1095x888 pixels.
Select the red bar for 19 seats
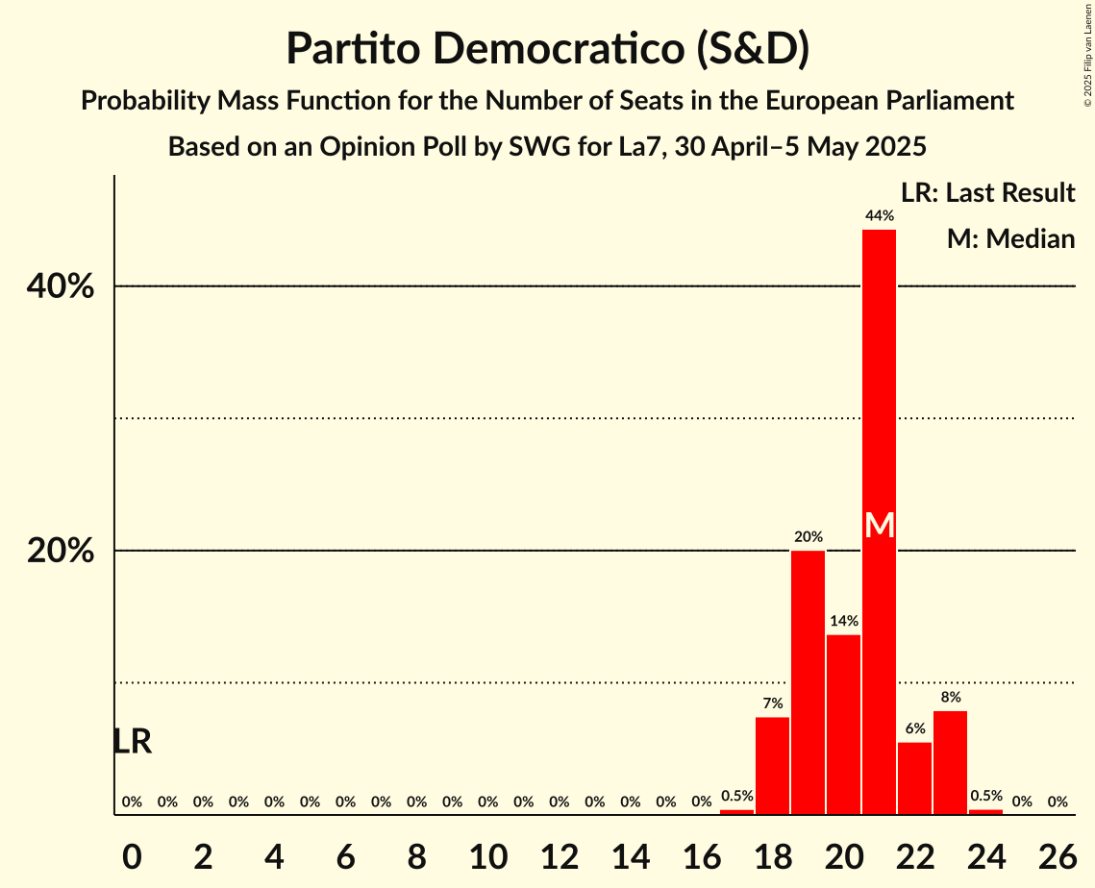point(808,682)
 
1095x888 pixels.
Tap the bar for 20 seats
point(843,725)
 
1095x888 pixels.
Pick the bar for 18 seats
point(772,766)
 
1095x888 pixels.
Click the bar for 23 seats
point(950,762)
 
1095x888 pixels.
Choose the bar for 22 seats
point(914,778)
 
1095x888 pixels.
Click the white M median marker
point(879,525)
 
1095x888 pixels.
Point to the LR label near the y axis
point(132,741)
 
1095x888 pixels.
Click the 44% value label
point(879,216)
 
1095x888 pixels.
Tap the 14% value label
point(843,621)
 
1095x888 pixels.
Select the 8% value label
point(950,697)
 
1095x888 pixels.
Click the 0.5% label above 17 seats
point(736,796)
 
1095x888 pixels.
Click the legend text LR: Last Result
point(987,193)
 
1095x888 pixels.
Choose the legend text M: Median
point(1010,239)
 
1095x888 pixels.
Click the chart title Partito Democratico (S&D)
point(547,49)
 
